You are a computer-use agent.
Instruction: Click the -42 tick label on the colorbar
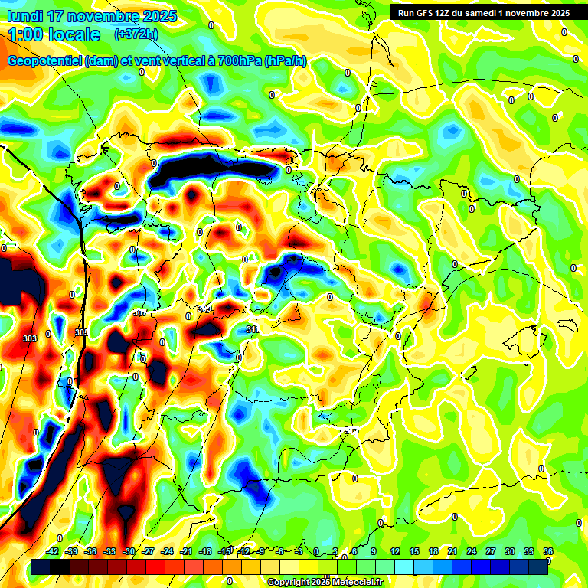click(53, 551)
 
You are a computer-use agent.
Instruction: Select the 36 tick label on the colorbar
click(548, 551)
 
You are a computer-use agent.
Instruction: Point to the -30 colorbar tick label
click(129, 551)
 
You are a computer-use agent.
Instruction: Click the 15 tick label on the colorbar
click(414, 551)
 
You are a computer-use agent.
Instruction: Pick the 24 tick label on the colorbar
click(472, 551)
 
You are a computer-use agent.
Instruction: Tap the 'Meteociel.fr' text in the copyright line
click(354, 582)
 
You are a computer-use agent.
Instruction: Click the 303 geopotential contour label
click(31, 338)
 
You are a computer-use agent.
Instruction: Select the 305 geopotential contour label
click(82, 332)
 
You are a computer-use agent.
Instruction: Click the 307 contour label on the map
click(139, 312)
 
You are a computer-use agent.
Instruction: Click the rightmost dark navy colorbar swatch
click(538, 567)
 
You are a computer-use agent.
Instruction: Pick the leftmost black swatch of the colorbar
click(41, 567)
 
